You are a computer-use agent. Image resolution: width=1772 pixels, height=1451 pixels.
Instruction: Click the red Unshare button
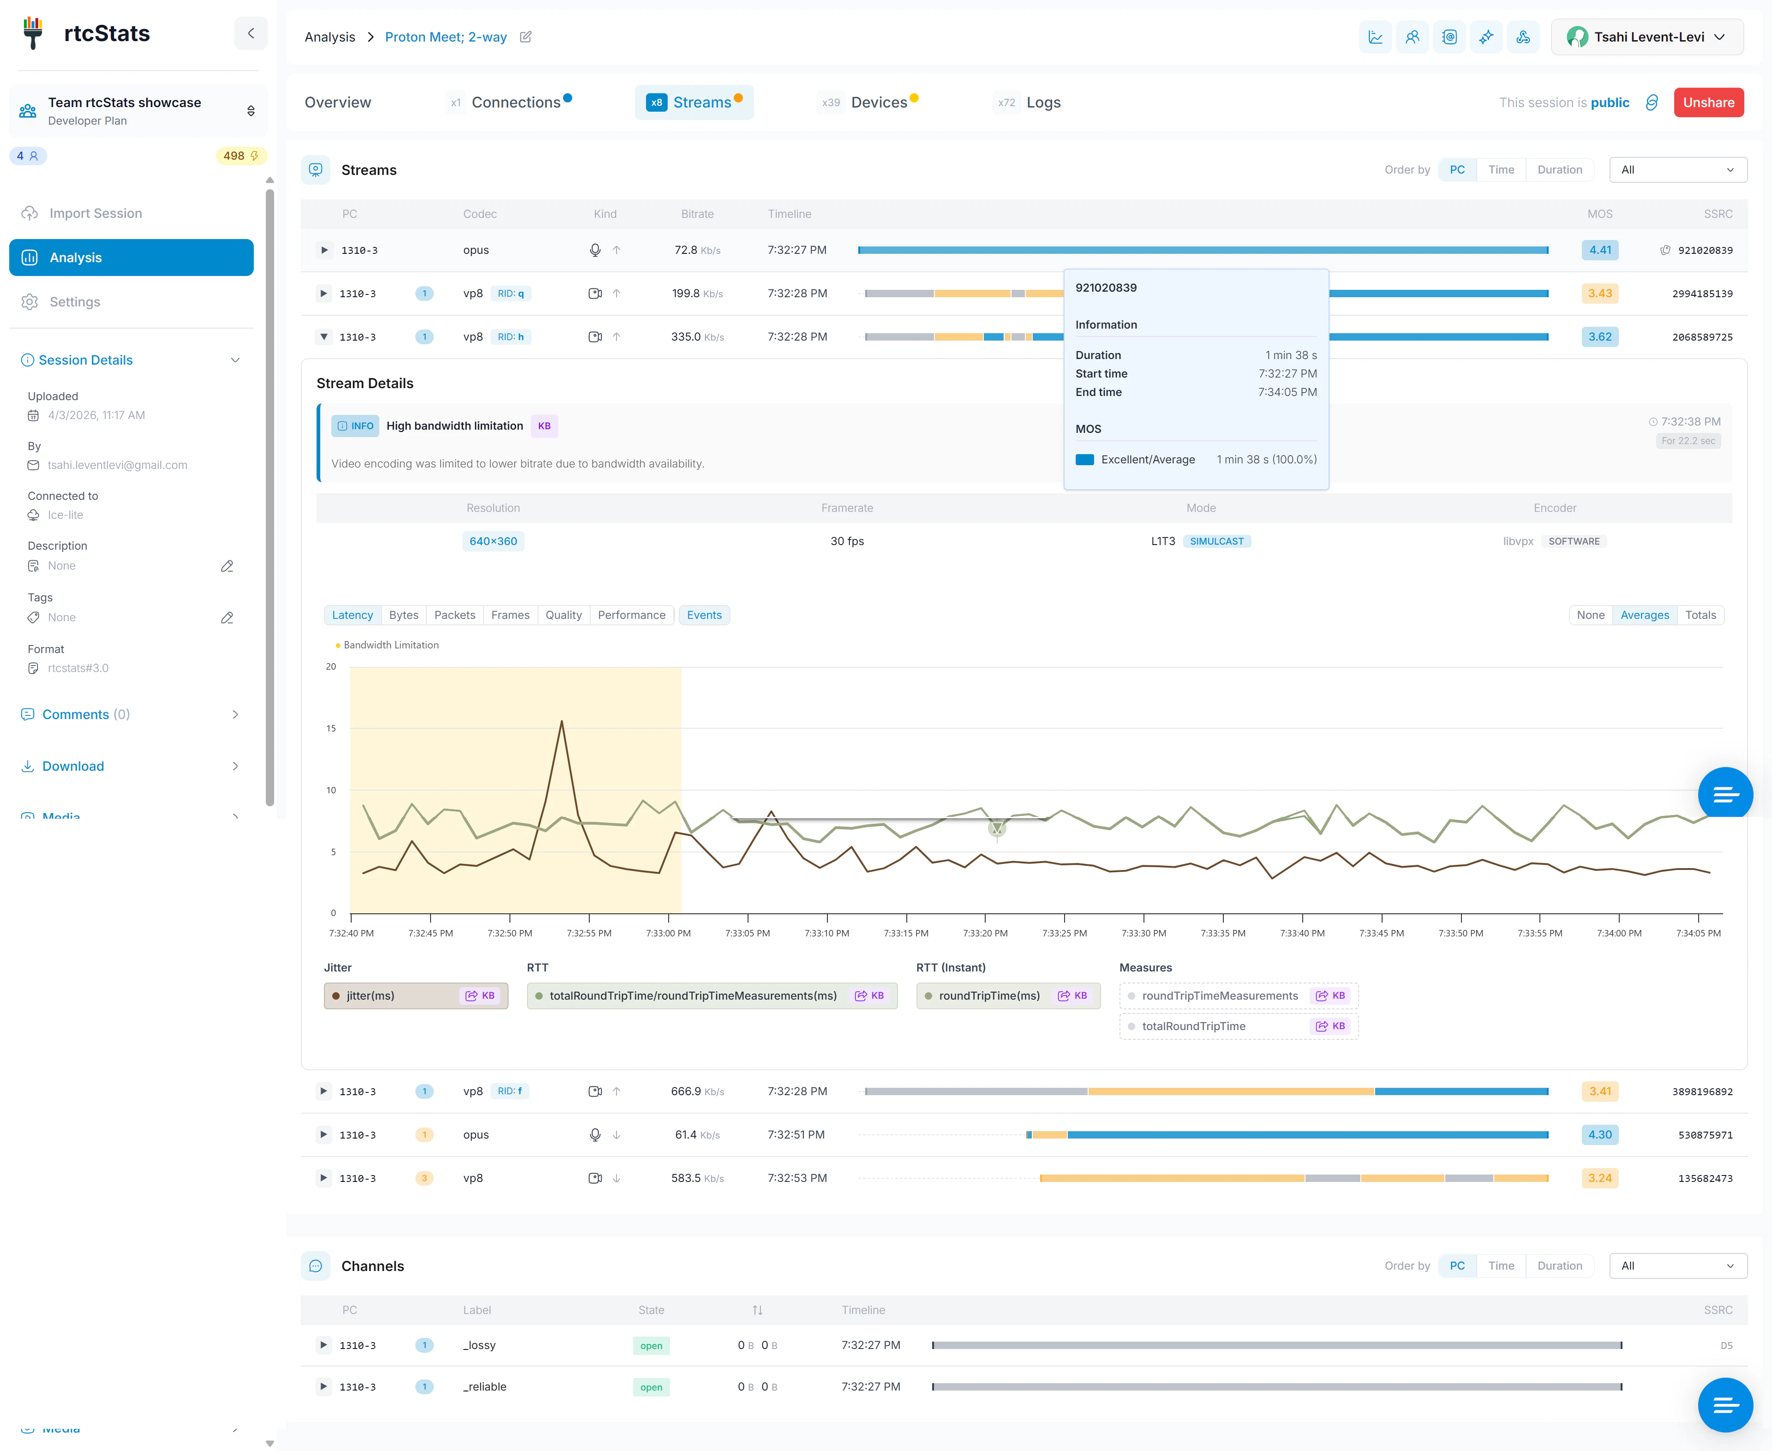click(1708, 102)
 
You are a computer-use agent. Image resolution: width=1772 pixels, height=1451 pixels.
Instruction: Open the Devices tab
click(879, 102)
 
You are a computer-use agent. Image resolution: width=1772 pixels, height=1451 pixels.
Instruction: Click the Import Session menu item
click(95, 213)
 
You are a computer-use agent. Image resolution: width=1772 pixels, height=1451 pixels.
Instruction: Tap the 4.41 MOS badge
click(1599, 250)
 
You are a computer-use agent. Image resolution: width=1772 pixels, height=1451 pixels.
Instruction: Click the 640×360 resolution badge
click(493, 541)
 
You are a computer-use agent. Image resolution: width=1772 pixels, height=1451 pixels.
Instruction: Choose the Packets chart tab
click(454, 615)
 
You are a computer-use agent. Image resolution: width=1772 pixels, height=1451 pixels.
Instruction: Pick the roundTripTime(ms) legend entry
click(989, 995)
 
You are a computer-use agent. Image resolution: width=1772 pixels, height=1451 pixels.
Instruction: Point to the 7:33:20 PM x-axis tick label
click(985, 933)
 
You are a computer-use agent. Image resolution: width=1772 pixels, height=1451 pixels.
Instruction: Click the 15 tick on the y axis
click(331, 728)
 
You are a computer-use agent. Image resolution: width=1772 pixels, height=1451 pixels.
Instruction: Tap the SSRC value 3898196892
click(1702, 1091)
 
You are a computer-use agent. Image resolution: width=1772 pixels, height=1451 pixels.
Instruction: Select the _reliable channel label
click(485, 1387)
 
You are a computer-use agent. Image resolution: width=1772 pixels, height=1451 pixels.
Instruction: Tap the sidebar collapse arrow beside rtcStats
click(251, 33)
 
